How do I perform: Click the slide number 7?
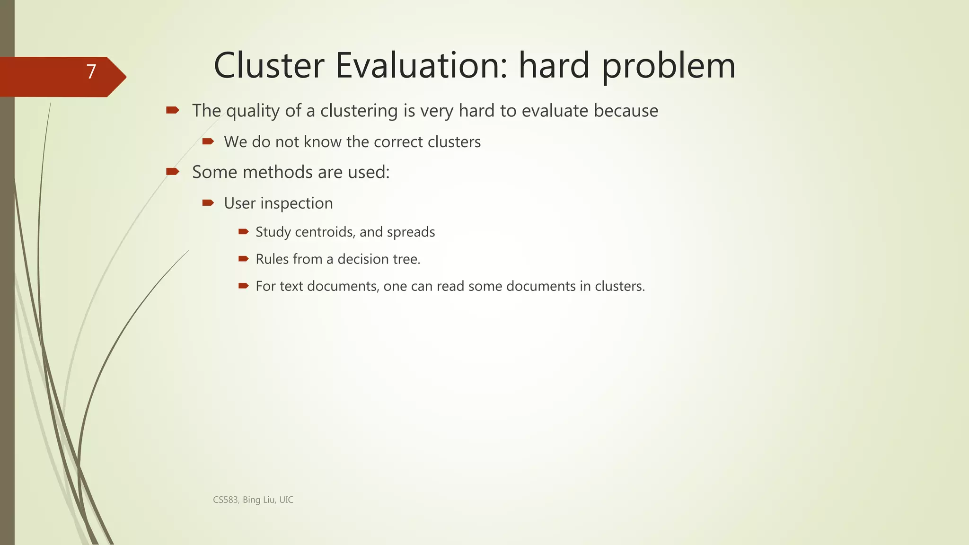tap(91, 72)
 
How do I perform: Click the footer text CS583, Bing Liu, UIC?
tap(253, 500)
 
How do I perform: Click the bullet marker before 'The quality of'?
tap(172, 110)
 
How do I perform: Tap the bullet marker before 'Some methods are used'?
tap(172, 171)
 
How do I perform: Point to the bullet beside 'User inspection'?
tap(208, 203)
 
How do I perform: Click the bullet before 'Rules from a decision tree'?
tap(243, 259)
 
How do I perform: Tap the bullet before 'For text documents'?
tap(243, 286)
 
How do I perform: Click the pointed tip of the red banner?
tap(125, 77)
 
